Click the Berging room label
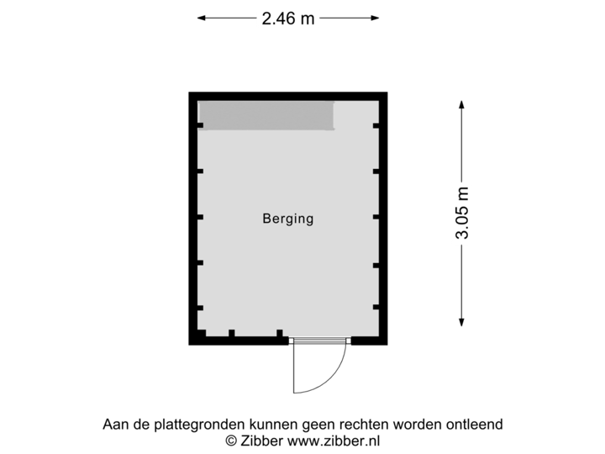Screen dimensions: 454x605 (287, 219)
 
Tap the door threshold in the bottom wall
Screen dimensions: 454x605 (320, 341)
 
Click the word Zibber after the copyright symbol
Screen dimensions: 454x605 (260, 440)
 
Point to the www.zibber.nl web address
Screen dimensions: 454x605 (334, 440)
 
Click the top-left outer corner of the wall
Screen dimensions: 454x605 (188, 92)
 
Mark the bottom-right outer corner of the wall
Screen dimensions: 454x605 (387, 346)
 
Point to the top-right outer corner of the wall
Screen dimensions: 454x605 (387, 92)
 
